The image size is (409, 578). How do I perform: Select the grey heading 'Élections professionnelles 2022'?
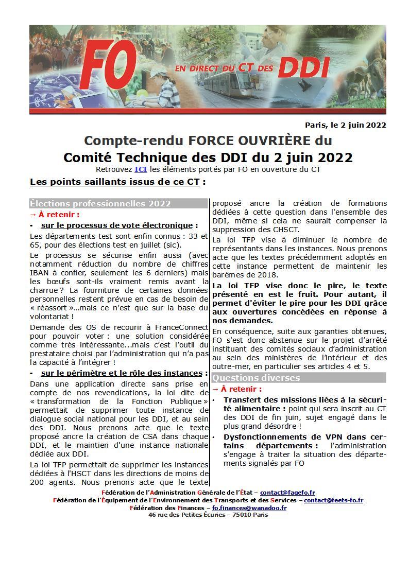tap(100, 204)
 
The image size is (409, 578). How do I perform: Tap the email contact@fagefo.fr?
tap(287, 493)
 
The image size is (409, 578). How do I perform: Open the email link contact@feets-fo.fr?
tap(333, 500)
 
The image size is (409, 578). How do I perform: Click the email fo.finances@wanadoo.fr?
tap(249, 507)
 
